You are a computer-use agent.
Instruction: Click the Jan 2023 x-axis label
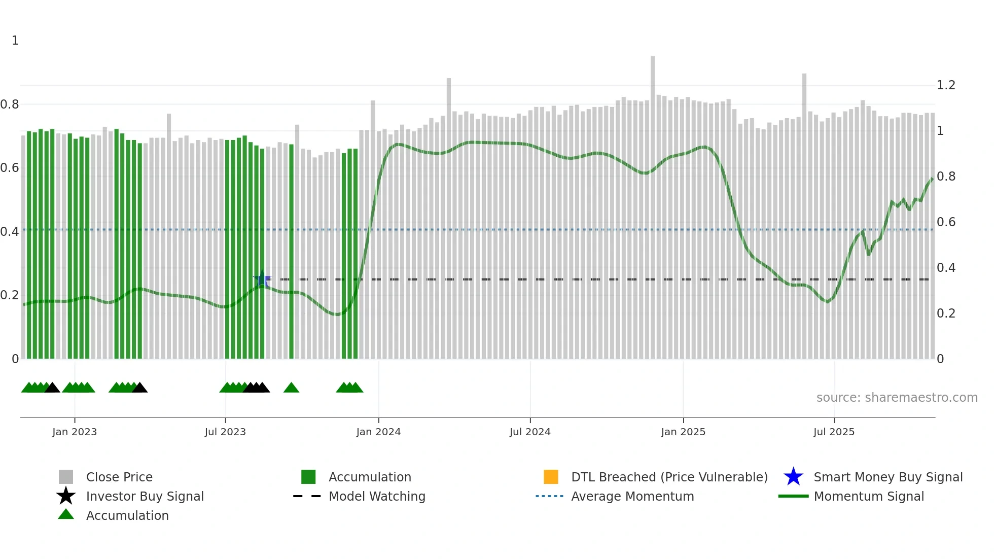pos(74,432)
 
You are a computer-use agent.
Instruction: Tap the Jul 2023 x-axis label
pos(225,432)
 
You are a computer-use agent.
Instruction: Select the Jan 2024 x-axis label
pos(378,432)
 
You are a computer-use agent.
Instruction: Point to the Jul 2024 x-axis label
pos(530,432)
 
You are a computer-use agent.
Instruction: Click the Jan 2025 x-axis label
pos(683,432)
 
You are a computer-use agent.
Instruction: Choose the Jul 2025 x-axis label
pos(834,432)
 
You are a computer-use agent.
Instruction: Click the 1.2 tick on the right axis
pos(946,85)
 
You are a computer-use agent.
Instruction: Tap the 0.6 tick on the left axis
pos(10,168)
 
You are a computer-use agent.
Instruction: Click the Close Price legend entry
pos(119,477)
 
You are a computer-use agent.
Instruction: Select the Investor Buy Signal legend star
pos(66,496)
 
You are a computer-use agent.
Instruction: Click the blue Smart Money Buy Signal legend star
pos(793,477)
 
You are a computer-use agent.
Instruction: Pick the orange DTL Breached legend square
pos(551,477)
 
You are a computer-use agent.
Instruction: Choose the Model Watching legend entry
pos(377,496)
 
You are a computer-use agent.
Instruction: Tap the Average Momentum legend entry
pos(632,496)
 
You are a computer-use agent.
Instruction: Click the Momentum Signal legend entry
pos(869,496)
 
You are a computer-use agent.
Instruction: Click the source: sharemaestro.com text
pos(897,398)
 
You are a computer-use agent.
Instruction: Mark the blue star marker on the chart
pos(262,279)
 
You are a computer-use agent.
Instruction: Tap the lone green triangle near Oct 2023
pos(291,388)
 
